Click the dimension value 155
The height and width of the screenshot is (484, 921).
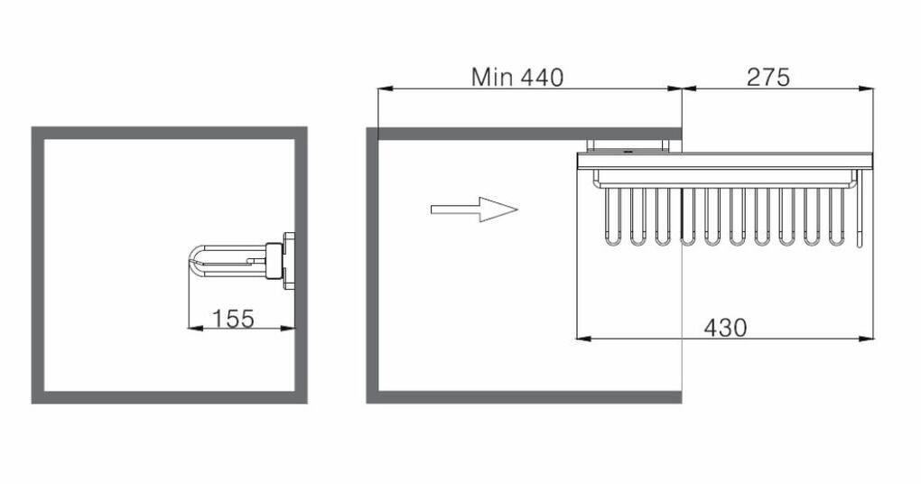coord(233,319)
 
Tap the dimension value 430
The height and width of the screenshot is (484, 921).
coord(725,329)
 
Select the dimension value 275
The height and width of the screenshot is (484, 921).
coord(768,78)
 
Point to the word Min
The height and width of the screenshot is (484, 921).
coord(493,77)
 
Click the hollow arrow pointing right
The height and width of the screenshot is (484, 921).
coord(475,209)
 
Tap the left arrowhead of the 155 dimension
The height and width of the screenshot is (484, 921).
coord(194,328)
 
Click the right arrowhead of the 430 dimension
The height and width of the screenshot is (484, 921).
coord(867,339)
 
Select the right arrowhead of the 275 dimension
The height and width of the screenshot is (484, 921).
coord(867,88)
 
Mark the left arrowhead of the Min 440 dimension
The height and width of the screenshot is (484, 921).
coord(385,88)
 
